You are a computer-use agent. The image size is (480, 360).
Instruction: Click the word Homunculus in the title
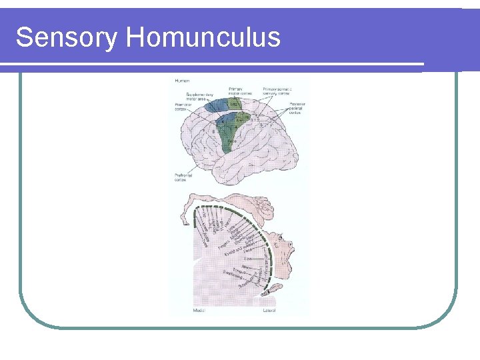click(x=203, y=37)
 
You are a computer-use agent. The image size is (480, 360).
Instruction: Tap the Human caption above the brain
click(x=182, y=81)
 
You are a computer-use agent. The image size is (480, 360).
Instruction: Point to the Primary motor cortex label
click(x=236, y=90)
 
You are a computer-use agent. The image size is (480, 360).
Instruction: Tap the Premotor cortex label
click(x=183, y=106)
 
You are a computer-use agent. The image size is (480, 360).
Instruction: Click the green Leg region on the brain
click(x=235, y=105)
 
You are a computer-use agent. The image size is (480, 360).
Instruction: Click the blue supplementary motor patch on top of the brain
click(x=215, y=105)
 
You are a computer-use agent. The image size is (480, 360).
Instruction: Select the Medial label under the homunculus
click(x=199, y=311)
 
